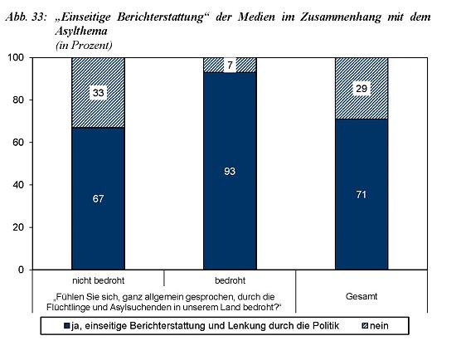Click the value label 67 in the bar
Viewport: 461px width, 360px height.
click(98, 198)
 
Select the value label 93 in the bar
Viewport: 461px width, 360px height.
click(230, 171)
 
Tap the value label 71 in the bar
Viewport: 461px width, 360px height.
click(362, 194)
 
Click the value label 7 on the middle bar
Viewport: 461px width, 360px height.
click(230, 65)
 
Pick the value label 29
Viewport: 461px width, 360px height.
click(362, 88)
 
